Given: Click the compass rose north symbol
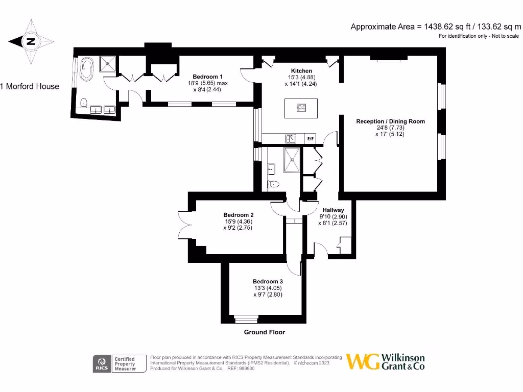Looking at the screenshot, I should coord(31,42).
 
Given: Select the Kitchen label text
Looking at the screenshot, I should coord(301,71).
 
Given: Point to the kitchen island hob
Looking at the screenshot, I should coord(301,107).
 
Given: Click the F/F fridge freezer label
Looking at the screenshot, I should coord(310,139).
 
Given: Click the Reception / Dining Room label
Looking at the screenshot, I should coord(390,121).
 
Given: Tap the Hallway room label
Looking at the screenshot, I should coord(332,210).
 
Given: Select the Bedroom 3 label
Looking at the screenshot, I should coord(268,281).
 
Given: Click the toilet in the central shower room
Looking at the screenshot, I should coord(274,184).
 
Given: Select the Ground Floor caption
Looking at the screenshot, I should coord(263,332).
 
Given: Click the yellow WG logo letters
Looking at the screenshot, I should coord(363,361).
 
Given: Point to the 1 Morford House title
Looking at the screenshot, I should coord(30,86).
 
